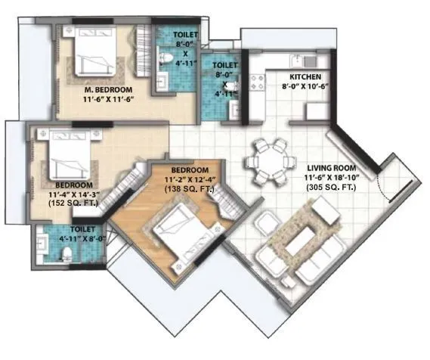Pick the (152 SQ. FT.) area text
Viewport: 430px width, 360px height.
click(x=73, y=203)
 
